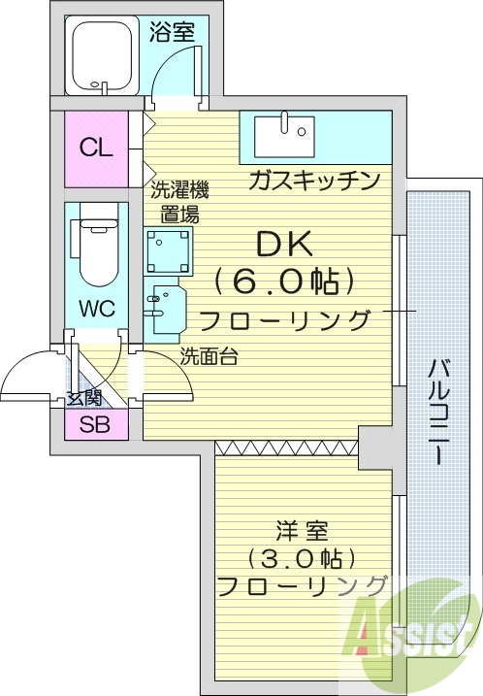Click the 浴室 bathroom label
click(172, 32)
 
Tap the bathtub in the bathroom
click(104, 58)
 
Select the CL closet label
click(96, 149)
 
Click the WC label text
click(97, 310)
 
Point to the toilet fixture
click(96, 249)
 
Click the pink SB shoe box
click(95, 423)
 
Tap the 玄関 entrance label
click(83, 397)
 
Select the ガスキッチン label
click(312, 181)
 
